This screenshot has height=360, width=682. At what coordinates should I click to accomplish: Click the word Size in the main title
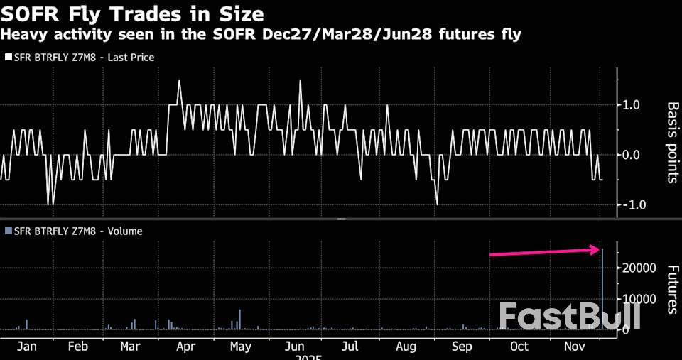pos(239,13)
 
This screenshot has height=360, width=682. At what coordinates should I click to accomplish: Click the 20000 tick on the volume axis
pos(638,268)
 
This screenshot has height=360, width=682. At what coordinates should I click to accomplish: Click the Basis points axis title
pos(671,142)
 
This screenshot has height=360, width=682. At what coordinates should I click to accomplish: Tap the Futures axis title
pos(671,289)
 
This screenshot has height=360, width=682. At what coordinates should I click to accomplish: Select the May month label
pos(241,347)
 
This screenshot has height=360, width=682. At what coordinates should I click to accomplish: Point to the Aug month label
pos(406,347)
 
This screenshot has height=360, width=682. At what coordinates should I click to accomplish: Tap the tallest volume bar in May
pos(240,320)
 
